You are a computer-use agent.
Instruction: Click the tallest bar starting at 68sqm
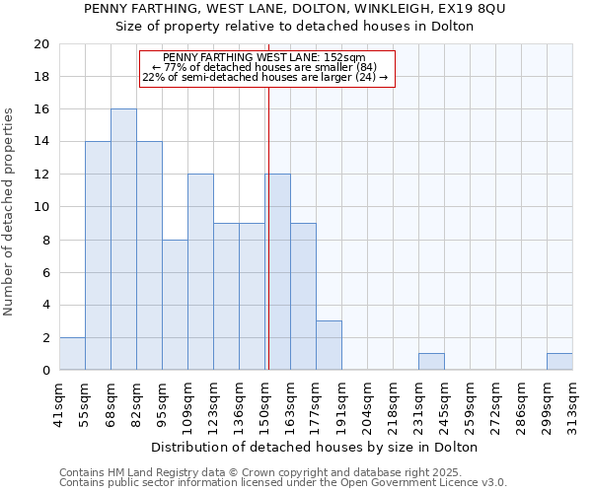pos(123,240)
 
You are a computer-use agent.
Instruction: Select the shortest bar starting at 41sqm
pos(72,354)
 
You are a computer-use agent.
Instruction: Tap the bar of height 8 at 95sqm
pos(175,305)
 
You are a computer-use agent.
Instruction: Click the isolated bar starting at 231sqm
pos(431,362)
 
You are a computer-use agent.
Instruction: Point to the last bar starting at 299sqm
pos(559,362)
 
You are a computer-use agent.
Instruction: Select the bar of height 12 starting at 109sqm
pos(200,272)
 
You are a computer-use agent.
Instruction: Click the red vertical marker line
pos(268,227)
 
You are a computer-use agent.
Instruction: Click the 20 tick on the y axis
pos(41,44)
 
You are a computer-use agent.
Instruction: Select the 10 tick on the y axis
pos(41,207)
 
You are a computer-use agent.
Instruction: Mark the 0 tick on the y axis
pos(45,371)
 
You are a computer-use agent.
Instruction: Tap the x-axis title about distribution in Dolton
pos(316,447)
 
